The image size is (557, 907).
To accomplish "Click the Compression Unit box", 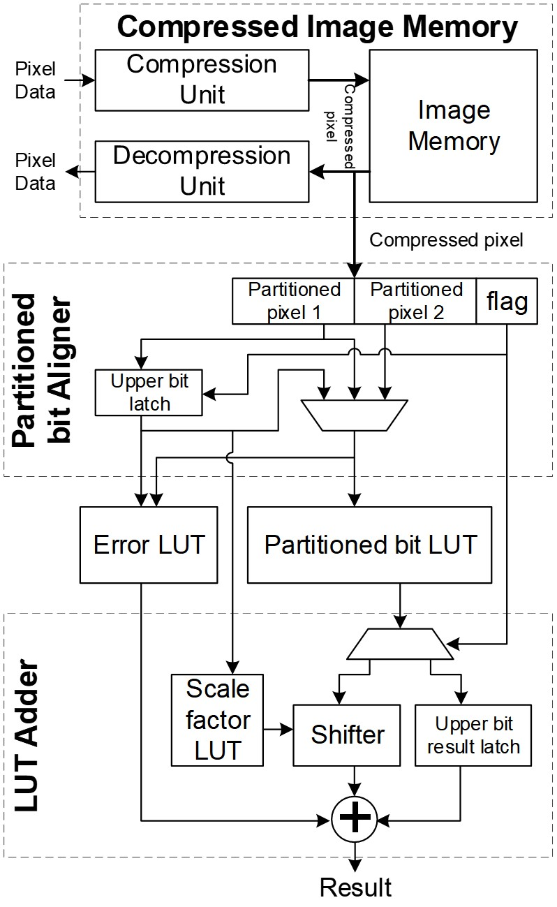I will (x=202, y=80).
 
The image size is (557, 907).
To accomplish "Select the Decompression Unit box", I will (x=202, y=170).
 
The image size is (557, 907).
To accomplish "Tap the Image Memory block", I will (x=454, y=126).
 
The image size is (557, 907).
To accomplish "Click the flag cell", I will (x=506, y=301).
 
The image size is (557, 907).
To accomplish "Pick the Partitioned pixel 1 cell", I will (x=294, y=301).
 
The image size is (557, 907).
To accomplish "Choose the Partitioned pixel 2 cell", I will (x=415, y=301).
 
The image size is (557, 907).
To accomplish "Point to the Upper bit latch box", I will (x=150, y=391).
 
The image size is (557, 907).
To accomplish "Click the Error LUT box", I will (x=149, y=545).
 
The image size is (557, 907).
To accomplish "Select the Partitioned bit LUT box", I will (x=371, y=545).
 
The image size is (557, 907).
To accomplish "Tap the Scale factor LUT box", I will (x=217, y=719).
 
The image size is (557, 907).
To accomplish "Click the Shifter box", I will (x=348, y=735).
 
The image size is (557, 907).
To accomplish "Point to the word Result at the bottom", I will (x=355, y=887).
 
